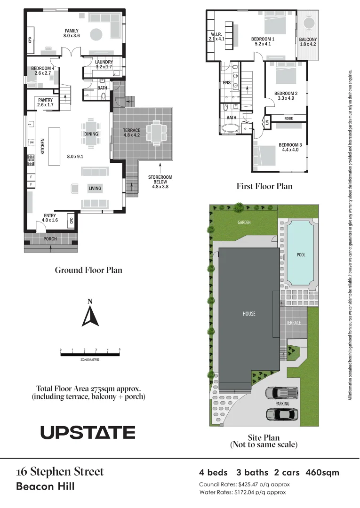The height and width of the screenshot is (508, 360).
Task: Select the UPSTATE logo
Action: click(x=88, y=432)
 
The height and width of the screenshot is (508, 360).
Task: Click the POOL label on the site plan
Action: click(x=301, y=255)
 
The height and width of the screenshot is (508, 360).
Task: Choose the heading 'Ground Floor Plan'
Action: click(x=88, y=270)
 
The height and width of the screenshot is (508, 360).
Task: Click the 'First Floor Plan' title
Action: click(x=264, y=186)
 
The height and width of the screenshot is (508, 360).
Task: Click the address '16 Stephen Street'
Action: click(x=60, y=472)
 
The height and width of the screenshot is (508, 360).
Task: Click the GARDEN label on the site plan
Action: click(x=244, y=222)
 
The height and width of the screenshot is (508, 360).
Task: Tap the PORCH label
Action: click(x=50, y=239)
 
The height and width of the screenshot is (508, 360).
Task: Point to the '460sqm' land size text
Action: click(x=322, y=472)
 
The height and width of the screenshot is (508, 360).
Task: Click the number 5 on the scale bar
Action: click(x=120, y=350)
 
